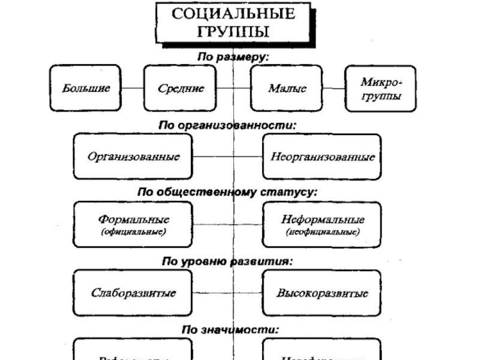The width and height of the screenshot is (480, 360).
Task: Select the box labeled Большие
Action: coord(86,88)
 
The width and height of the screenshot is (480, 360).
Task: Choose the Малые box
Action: coord(287,88)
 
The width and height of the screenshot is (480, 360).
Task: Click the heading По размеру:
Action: coord(233,56)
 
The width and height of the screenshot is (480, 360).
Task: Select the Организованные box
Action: coord(133,157)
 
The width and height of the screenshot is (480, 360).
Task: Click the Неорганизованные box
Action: coord(322,157)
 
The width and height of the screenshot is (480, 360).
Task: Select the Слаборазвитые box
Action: coord(133,293)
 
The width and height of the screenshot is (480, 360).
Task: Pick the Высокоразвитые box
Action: coord(322,293)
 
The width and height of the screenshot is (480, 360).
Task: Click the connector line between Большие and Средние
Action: coord(133,88)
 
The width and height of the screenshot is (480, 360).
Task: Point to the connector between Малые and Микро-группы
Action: coord(334,88)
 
